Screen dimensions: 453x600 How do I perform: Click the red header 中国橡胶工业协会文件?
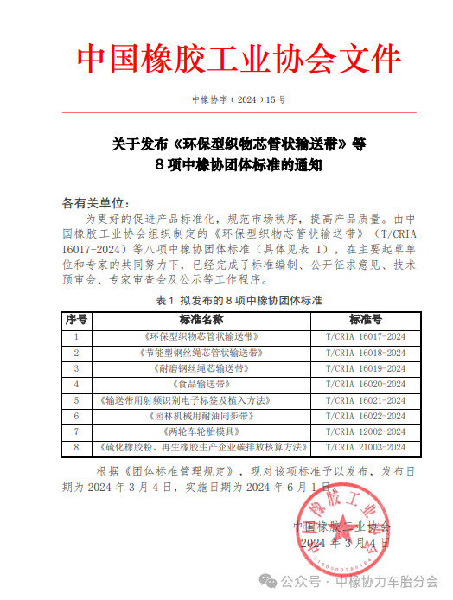[x=239, y=58]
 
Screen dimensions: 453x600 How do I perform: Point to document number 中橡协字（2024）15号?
[x=238, y=100]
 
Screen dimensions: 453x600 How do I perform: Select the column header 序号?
[x=76, y=319]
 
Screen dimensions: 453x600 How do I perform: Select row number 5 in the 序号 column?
[x=76, y=400]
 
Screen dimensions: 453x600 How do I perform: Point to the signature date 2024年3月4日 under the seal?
[x=344, y=543]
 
